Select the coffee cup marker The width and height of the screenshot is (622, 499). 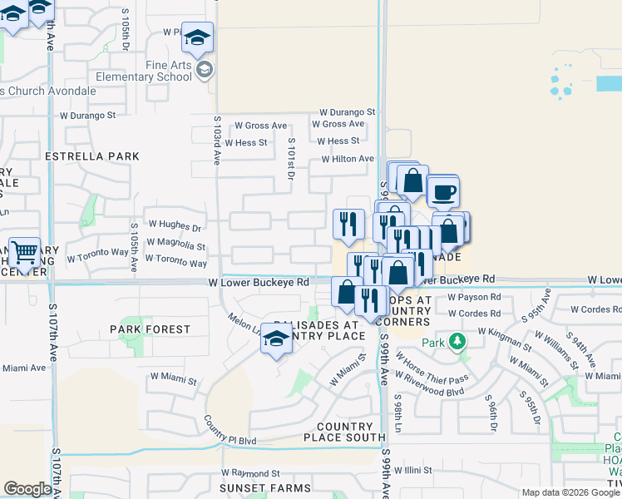point(442,192)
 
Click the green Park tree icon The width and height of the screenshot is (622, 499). point(457,342)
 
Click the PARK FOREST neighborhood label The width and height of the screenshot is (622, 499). point(151,329)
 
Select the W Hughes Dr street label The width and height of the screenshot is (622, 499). point(175,227)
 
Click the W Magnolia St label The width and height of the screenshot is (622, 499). point(175,246)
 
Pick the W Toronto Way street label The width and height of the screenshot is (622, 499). point(175,262)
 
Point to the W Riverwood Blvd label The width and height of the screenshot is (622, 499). point(428,385)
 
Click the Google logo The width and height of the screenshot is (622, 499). point(27,489)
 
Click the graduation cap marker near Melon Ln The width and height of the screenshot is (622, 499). point(276,339)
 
